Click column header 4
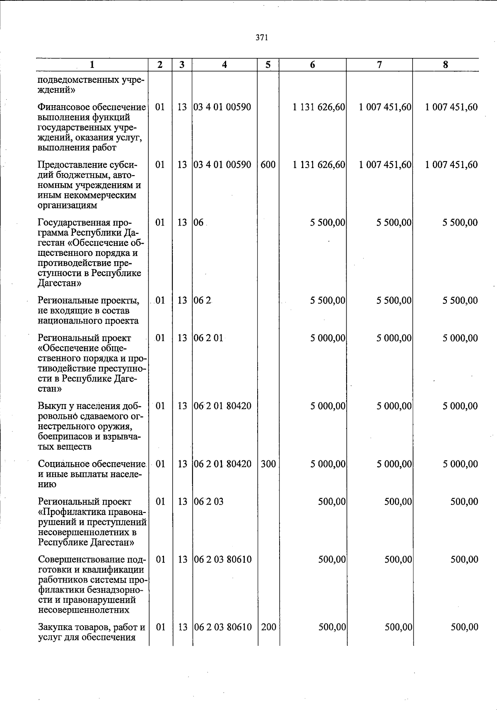[x=224, y=65]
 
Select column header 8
[x=445, y=65]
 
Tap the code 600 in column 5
[x=268, y=165]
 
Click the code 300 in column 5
[x=268, y=464]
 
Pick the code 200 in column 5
[x=269, y=627]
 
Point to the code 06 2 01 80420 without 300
[x=222, y=406]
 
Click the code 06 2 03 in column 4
[x=209, y=502]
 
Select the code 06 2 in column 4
[x=203, y=301]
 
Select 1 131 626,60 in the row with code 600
[x=319, y=165]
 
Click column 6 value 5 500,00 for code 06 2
[x=328, y=301]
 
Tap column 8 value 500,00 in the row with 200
[x=464, y=627]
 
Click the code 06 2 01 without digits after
[x=208, y=338]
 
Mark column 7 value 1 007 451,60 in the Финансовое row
[x=385, y=107]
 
